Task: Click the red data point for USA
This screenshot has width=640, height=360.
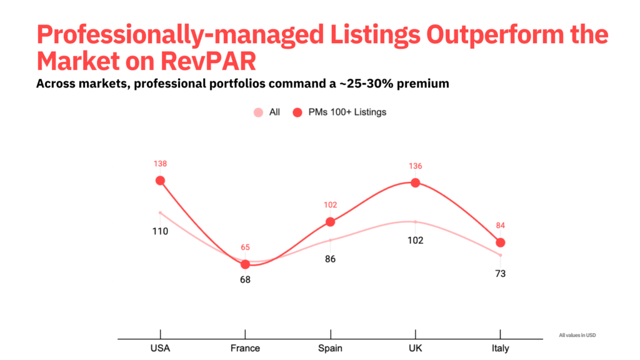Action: pyautogui.click(x=160, y=181)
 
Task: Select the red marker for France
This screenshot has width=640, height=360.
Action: pyautogui.click(x=245, y=264)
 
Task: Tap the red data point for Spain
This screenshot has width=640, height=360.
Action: pyautogui.click(x=330, y=222)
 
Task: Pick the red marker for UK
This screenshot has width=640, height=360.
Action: pyautogui.click(x=415, y=183)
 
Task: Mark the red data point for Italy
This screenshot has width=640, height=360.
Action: pyautogui.click(x=500, y=242)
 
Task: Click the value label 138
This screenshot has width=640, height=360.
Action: pyautogui.click(x=160, y=164)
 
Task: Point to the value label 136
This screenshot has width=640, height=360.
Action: pyautogui.click(x=415, y=166)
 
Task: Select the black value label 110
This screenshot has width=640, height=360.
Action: pyautogui.click(x=160, y=231)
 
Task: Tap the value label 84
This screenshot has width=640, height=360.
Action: pyautogui.click(x=500, y=226)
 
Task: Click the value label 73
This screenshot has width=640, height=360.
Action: pyautogui.click(x=500, y=273)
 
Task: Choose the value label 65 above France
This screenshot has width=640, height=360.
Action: pyautogui.click(x=245, y=247)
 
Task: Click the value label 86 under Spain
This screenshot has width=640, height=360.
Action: pyautogui.click(x=330, y=259)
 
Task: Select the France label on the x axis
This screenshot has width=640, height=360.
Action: pyautogui.click(x=245, y=348)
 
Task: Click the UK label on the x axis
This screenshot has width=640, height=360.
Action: pyautogui.click(x=415, y=348)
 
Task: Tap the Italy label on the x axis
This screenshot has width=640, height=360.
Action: pyautogui.click(x=500, y=348)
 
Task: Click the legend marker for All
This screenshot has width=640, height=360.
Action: pyautogui.click(x=258, y=112)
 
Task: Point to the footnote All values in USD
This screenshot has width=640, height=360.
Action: pyautogui.click(x=577, y=336)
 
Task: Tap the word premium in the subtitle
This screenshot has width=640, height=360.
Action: pyautogui.click(x=422, y=83)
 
